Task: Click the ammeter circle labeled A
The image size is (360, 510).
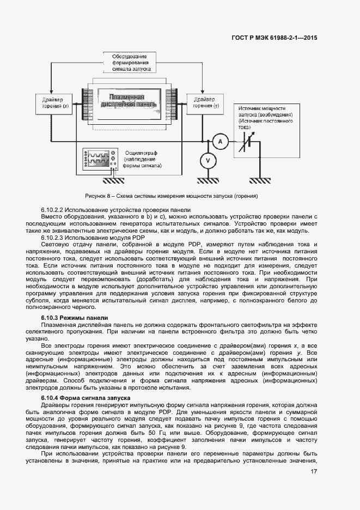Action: pyautogui.click(x=220, y=142)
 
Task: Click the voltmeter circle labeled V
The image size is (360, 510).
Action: pyautogui.click(x=207, y=160)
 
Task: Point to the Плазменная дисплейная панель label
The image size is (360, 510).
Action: pyautogui.click(x=127, y=101)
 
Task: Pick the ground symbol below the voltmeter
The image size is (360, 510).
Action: pyautogui.click(x=207, y=180)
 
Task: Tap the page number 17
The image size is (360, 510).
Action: pyautogui.click(x=314, y=472)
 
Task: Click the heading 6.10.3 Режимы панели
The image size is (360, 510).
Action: pyautogui.click(x=75, y=318)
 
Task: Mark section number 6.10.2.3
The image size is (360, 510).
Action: pyautogui.click(x=53, y=238)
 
